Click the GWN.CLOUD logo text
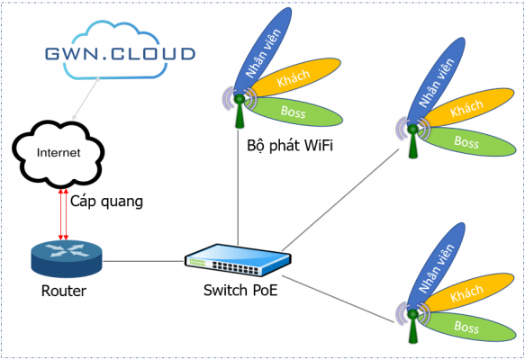coord(119,53)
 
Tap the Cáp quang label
coord(106,202)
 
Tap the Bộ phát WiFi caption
coord(289,144)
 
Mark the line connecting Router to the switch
coord(144,261)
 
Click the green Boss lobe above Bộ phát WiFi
coord(294,112)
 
